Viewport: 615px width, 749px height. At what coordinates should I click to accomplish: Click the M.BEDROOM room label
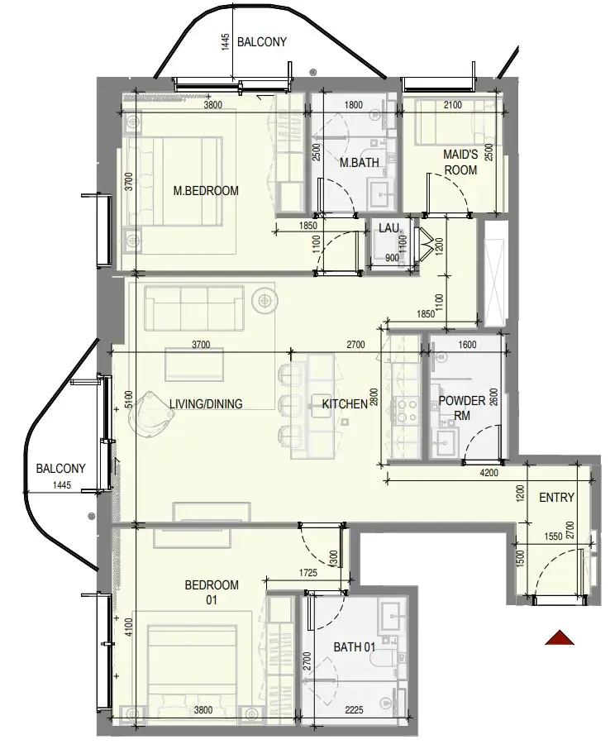[206, 191]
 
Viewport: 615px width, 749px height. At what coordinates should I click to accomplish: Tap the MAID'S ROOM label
[460, 162]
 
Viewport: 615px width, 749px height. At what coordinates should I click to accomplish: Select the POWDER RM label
[462, 408]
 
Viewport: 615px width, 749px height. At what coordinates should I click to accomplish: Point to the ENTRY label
[556, 498]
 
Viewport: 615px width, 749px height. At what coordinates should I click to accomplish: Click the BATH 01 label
[355, 647]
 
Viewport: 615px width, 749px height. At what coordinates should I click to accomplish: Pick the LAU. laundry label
[389, 228]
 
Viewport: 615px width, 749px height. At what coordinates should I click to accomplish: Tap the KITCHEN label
[345, 404]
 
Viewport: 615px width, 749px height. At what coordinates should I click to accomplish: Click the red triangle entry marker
[560, 637]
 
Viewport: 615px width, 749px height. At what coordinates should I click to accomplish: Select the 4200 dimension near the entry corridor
[489, 473]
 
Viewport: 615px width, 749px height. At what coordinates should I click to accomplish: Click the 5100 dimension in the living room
[128, 400]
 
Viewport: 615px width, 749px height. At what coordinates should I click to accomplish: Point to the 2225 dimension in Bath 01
[354, 710]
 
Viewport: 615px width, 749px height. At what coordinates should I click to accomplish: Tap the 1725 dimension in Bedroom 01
[308, 573]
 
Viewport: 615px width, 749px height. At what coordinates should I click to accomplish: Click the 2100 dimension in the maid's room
[453, 105]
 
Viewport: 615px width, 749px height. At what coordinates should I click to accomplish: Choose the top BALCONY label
[262, 42]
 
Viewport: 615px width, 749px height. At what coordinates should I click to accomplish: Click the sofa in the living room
[194, 308]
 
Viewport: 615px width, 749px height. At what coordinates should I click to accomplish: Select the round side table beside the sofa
[264, 301]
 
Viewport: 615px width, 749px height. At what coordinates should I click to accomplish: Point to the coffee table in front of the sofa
[194, 365]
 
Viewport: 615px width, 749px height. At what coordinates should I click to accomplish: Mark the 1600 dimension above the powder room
[467, 345]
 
